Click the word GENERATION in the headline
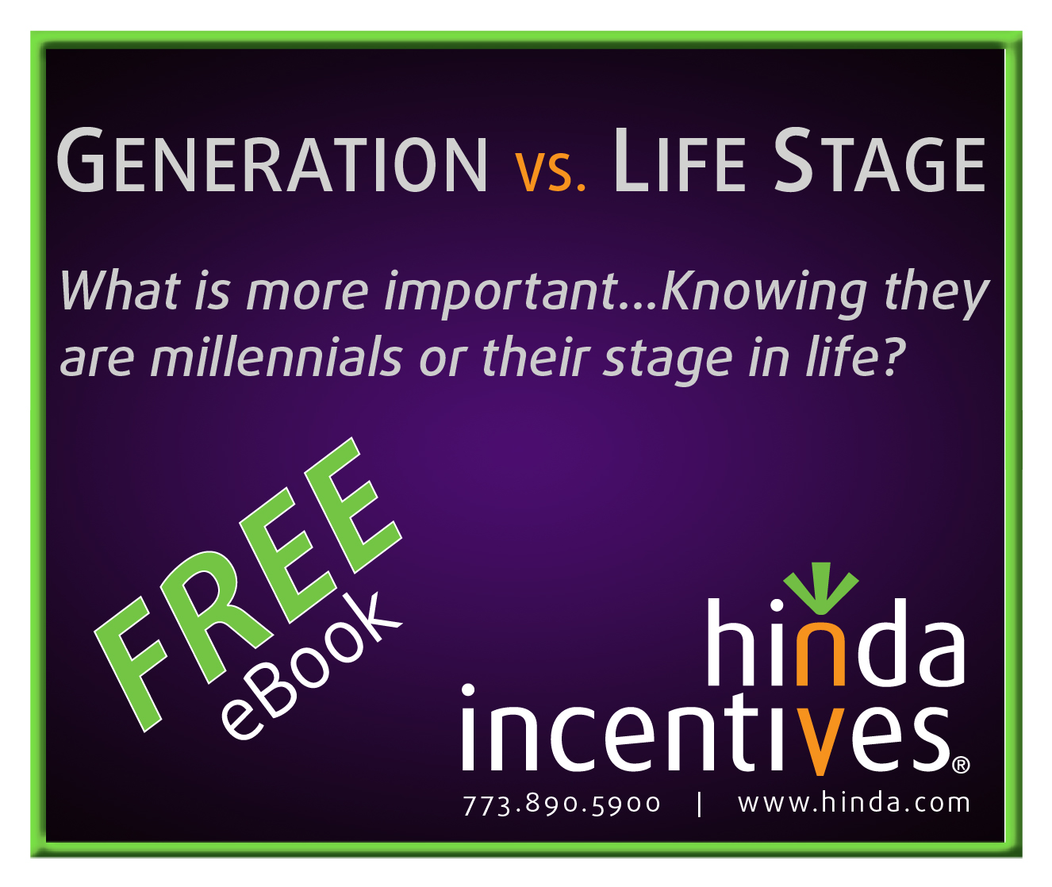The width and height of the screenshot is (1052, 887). click(x=271, y=160)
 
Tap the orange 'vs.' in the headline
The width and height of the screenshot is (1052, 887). click(x=550, y=172)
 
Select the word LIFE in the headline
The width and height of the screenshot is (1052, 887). click(x=679, y=160)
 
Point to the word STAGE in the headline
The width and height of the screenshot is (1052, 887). click(x=879, y=160)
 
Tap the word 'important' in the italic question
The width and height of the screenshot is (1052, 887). click(x=501, y=293)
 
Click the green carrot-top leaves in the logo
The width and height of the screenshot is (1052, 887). click(x=821, y=588)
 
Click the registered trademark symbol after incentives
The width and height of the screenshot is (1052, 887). click(x=961, y=765)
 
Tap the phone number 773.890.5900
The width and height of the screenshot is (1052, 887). click(x=561, y=804)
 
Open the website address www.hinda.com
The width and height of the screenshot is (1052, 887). click(x=854, y=803)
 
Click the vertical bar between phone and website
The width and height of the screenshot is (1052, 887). click(x=699, y=804)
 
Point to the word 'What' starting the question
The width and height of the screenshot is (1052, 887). click(x=120, y=290)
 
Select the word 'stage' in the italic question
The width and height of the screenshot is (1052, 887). click(x=667, y=361)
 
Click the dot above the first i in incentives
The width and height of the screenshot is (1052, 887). click(x=468, y=690)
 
